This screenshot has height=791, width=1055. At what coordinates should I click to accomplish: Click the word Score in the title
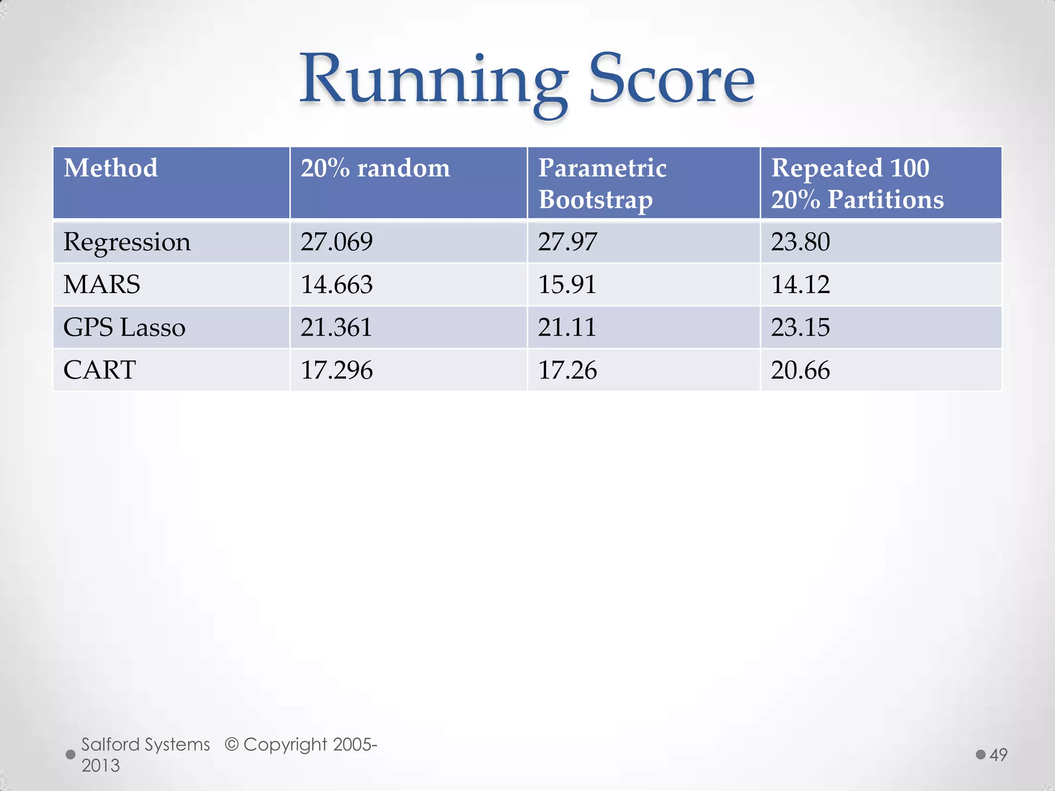click(x=671, y=80)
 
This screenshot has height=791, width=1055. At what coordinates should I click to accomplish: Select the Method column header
click(x=111, y=168)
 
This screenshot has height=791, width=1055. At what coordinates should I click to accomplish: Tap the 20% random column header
click(x=375, y=168)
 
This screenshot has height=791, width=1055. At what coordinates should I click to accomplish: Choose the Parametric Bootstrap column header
click(x=602, y=183)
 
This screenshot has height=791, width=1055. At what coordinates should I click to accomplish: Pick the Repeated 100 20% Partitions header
click(x=857, y=183)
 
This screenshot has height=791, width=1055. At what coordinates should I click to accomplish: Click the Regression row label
click(x=127, y=242)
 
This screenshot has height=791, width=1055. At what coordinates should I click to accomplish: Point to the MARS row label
click(x=101, y=285)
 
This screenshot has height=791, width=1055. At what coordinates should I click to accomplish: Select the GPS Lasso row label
click(x=124, y=328)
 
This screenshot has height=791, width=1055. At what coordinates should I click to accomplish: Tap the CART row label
click(x=99, y=370)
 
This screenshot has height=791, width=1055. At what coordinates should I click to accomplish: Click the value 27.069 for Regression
click(x=336, y=242)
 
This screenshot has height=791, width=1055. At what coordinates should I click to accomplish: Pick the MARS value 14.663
click(x=336, y=285)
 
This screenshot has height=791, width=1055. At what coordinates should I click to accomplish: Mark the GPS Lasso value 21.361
click(x=336, y=328)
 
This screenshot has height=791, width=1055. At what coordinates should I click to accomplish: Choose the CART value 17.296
click(x=336, y=370)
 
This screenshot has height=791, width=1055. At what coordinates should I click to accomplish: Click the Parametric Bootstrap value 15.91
click(x=567, y=285)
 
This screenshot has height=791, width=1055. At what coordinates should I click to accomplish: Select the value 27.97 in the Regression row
click(x=567, y=242)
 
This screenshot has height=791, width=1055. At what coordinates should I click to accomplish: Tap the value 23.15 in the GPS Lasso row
click(x=800, y=328)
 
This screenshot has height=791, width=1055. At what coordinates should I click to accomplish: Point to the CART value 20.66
click(x=800, y=370)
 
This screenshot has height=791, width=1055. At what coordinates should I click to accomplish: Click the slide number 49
click(x=998, y=755)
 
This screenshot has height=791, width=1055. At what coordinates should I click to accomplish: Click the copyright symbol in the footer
click(x=232, y=745)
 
